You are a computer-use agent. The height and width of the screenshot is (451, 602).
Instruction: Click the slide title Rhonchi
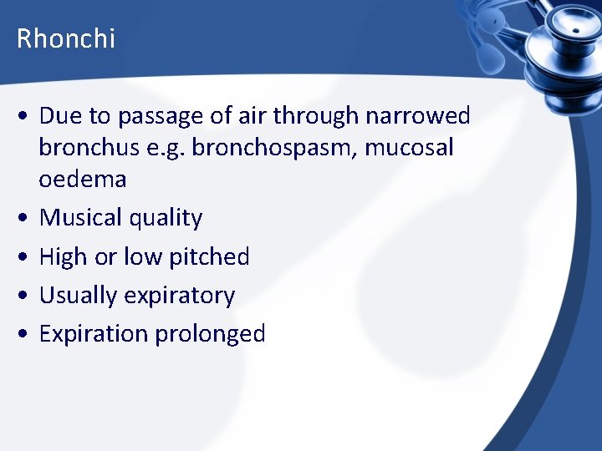click(66, 38)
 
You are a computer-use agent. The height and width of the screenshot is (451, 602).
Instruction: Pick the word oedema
click(83, 179)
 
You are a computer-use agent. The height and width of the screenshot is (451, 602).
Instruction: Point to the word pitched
click(209, 256)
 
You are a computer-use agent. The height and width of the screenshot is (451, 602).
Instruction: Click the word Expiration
click(93, 334)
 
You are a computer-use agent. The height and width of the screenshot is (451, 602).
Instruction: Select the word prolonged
click(210, 334)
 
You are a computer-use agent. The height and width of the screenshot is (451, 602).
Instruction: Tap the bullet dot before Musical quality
click(25, 219)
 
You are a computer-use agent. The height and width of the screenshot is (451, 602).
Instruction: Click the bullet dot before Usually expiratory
click(25, 296)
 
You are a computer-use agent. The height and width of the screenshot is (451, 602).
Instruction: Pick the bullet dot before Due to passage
click(25, 116)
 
